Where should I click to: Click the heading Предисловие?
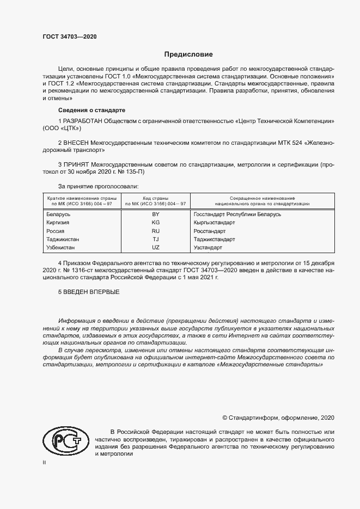tap(189, 54)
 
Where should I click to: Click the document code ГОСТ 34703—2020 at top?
tap(70, 36)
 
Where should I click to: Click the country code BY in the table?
tap(155, 215)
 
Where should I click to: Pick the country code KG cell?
tap(155, 223)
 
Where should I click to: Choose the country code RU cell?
tap(155, 231)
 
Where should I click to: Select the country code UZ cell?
tap(155, 248)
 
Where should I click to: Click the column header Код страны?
tap(155, 198)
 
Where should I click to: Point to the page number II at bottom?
tap(45, 462)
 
